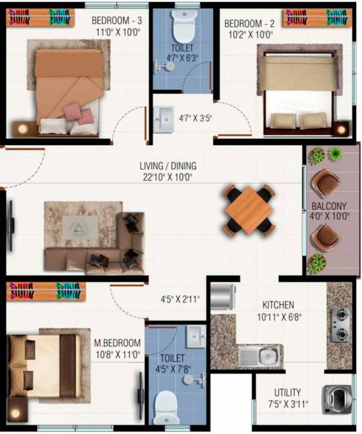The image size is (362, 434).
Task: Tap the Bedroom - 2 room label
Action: click(248, 24)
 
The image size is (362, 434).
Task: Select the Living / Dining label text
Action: click(168, 166)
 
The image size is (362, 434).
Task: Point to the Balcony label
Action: click(329, 206)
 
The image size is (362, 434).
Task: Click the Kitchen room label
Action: click(278, 305)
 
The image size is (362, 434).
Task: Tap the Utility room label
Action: click(287, 392)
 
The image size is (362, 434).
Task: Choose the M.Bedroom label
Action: click(117, 343)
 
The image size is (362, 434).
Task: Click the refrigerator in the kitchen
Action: click(224, 297)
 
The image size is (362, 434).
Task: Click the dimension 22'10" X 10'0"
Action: click(168, 177)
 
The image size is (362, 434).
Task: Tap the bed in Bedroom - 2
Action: click(299, 90)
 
